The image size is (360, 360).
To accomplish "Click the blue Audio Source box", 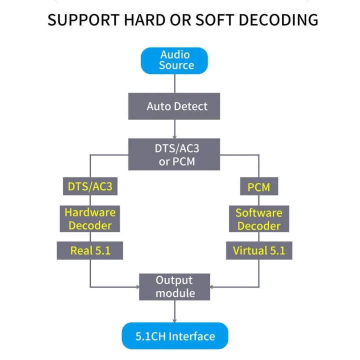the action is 174,60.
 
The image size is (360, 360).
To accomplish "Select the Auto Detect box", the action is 174,106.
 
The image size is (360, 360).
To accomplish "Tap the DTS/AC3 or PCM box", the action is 174,154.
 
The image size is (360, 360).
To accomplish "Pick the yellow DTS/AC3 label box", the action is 90,186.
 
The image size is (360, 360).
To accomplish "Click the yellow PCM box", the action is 259,186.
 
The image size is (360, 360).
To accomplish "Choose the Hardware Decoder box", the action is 90,218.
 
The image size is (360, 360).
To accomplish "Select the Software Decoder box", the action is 259,218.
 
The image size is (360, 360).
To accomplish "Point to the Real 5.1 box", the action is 90,250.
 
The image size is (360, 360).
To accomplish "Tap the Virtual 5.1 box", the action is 259,250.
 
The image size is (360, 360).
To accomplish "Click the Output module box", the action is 174,287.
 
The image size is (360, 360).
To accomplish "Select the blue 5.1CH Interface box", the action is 175,335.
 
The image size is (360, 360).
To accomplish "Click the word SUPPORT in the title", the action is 83,20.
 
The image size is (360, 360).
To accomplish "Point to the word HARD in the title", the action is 144,20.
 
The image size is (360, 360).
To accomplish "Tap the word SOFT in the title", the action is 215,20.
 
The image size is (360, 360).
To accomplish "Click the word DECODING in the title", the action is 278,20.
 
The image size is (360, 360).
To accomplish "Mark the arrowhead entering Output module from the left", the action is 138,287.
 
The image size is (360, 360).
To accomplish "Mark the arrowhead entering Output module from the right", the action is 211,287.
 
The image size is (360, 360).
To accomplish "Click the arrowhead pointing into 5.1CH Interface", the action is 174,320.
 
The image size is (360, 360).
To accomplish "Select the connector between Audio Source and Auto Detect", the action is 174,83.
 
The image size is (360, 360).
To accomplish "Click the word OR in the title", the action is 180,20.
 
